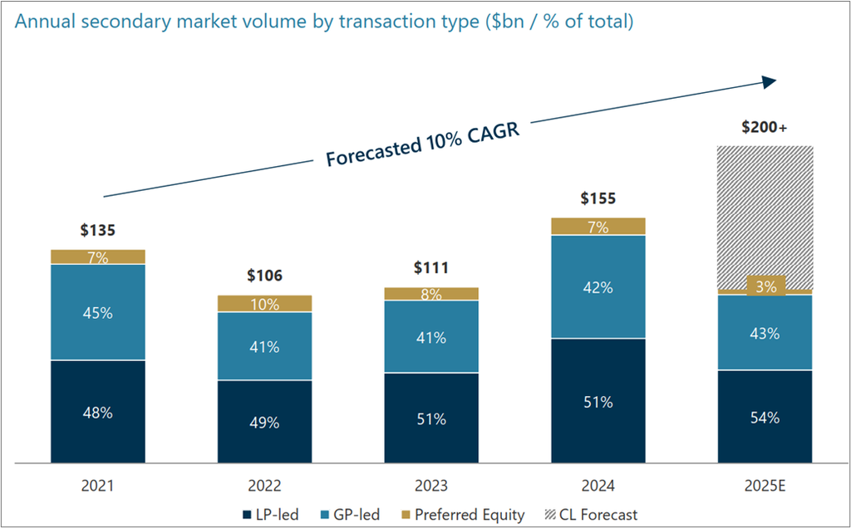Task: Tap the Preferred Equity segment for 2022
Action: click(264, 304)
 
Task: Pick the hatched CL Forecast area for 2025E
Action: click(765, 208)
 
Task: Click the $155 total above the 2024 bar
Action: click(598, 199)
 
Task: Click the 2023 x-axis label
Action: click(431, 486)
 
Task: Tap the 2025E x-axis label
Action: click(765, 486)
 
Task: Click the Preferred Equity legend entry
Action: click(462, 515)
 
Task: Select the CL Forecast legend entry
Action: click(592, 515)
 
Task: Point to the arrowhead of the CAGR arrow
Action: click(769, 81)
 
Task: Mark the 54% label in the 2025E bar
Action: click(765, 418)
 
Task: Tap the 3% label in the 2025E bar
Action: click(765, 287)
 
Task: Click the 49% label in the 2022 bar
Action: click(264, 422)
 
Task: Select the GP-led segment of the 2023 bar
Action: click(431, 337)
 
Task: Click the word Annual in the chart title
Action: click(42, 22)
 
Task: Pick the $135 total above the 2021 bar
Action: click(98, 230)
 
